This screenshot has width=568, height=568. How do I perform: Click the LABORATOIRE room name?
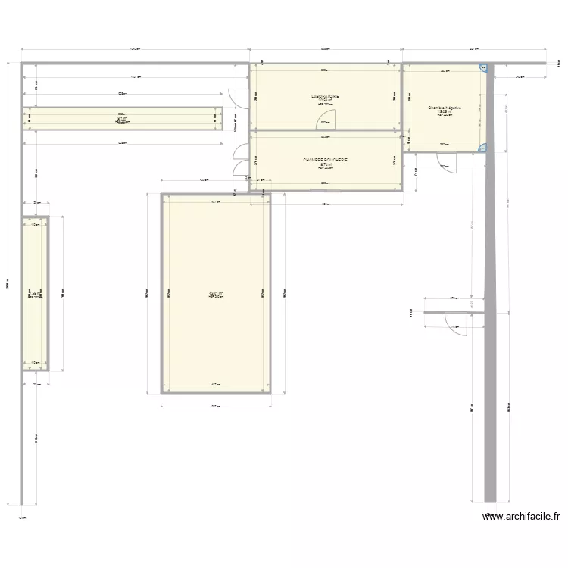(x=324, y=96)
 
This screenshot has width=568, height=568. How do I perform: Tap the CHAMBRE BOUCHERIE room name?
(x=324, y=160)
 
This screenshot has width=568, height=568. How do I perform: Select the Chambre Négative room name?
(x=445, y=108)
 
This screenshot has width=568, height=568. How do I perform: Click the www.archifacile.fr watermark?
(x=522, y=517)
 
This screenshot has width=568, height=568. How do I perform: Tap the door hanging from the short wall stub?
(x=458, y=325)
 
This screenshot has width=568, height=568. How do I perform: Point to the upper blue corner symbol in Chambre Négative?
(x=482, y=69)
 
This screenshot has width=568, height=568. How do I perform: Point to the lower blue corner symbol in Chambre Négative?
(x=482, y=148)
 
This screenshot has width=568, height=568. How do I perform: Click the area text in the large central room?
(x=215, y=293)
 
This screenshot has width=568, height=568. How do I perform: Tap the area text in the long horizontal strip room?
(x=121, y=117)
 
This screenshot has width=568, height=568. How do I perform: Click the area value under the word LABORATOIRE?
(x=324, y=101)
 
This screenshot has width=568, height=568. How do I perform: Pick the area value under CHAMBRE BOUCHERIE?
(x=324, y=164)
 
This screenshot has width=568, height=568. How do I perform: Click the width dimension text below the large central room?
(x=215, y=407)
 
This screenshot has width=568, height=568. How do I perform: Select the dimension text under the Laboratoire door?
(x=324, y=122)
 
